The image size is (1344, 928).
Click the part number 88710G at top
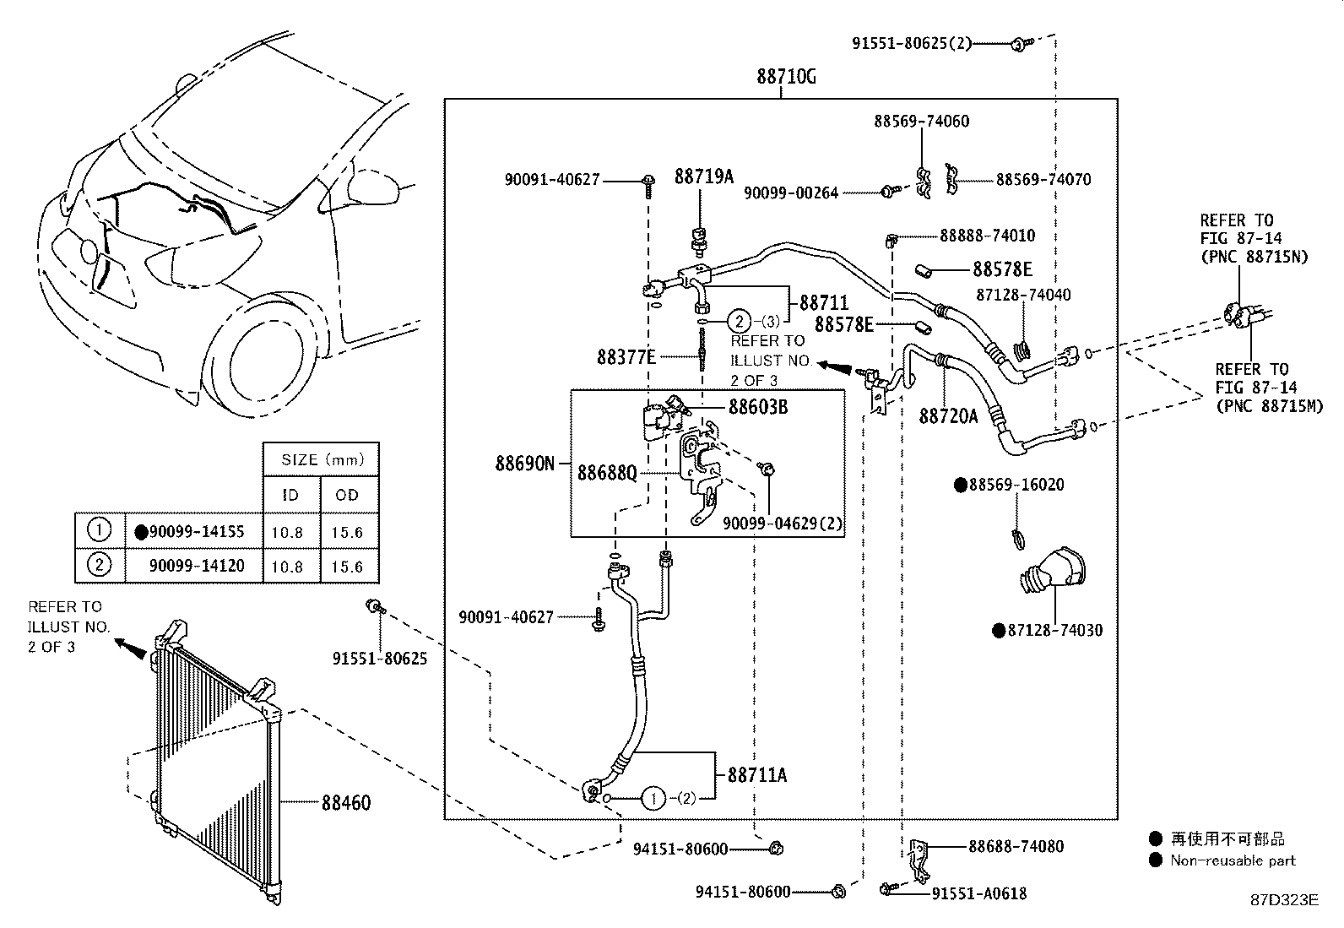tap(786, 77)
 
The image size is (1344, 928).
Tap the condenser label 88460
tap(346, 802)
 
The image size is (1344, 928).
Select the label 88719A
tap(704, 176)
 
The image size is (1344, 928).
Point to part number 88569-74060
tap(922, 122)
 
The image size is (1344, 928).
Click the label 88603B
tap(758, 407)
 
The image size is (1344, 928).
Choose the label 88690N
tap(525, 464)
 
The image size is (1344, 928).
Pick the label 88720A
tap(949, 415)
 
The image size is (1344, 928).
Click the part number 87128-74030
tap(1055, 630)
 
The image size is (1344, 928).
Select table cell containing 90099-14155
tap(194, 531)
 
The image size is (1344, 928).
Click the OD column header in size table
tap(347, 495)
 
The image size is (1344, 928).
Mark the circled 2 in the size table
tap(99, 564)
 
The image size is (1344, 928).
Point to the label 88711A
tap(757, 775)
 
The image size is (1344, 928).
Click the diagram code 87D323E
tap(1285, 900)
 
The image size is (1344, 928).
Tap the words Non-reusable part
tap(1233, 860)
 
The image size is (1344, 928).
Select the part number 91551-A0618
tap(979, 893)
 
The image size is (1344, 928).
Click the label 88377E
tap(626, 357)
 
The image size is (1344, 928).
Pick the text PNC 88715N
tap(1258, 257)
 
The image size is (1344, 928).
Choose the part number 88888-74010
tap(988, 236)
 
